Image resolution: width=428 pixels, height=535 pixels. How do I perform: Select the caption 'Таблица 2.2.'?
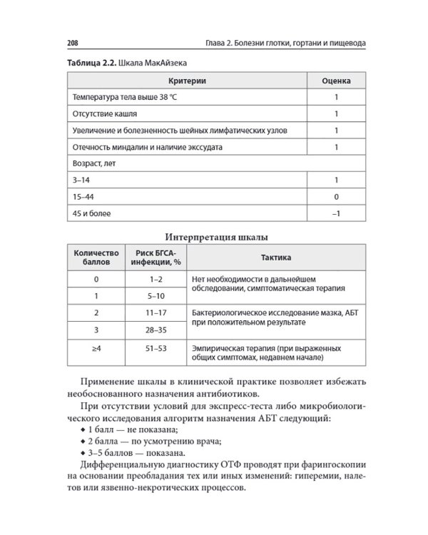click(91, 63)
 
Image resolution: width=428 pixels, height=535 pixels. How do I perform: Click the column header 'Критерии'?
click(187, 81)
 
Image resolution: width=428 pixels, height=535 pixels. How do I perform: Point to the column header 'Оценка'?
click(336, 81)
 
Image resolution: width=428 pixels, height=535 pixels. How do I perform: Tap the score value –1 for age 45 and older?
click(336, 213)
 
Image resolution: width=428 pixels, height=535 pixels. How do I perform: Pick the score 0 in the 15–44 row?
click(336, 196)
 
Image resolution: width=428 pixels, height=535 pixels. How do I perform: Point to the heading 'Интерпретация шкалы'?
click(217, 238)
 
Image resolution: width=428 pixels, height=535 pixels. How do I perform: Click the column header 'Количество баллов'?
click(96, 257)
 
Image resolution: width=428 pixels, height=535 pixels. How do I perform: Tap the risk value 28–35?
click(156, 330)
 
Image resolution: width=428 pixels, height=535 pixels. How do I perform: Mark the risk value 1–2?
click(156, 279)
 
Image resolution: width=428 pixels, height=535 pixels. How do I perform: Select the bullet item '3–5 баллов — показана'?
click(137, 453)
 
